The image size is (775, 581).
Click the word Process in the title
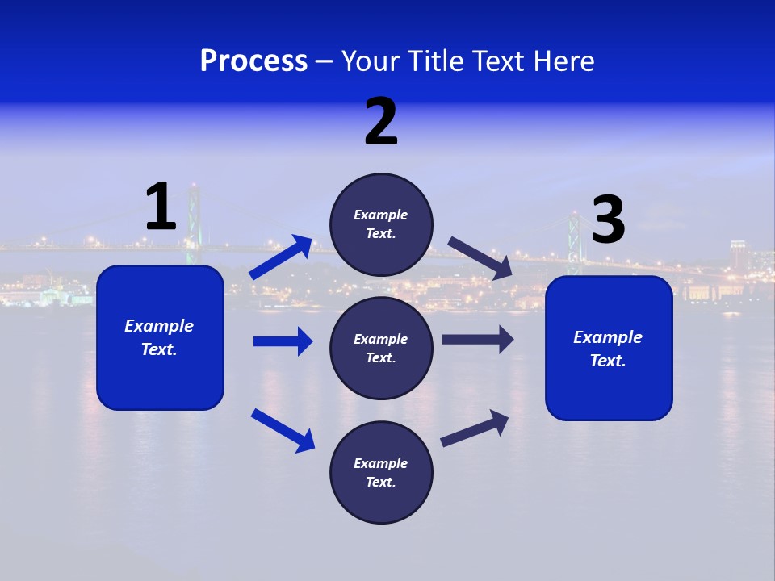pyautogui.click(x=253, y=61)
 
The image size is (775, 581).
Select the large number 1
pyautogui.click(x=161, y=207)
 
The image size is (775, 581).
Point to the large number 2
pyautogui.click(x=381, y=122)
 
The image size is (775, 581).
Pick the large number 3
pyautogui.click(x=608, y=219)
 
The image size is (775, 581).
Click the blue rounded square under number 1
pyautogui.click(x=160, y=337)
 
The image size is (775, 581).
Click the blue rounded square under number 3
pyautogui.click(x=609, y=348)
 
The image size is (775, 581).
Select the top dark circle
pyautogui.click(x=381, y=224)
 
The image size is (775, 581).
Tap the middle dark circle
pyautogui.click(x=381, y=348)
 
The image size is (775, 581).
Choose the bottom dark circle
pyautogui.click(x=381, y=472)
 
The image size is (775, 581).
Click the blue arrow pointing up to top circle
pyautogui.click(x=282, y=257)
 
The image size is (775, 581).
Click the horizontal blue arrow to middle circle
pyautogui.click(x=283, y=341)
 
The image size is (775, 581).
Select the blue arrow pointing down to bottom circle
pyautogui.click(x=283, y=430)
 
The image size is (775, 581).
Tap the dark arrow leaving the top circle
pyautogui.click(x=480, y=257)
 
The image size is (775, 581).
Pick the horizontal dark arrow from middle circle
pyautogui.click(x=478, y=340)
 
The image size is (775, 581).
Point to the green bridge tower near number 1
pyautogui.click(x=193, y=222)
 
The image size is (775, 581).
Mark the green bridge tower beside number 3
pyautogui.click(x=574, y=242)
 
